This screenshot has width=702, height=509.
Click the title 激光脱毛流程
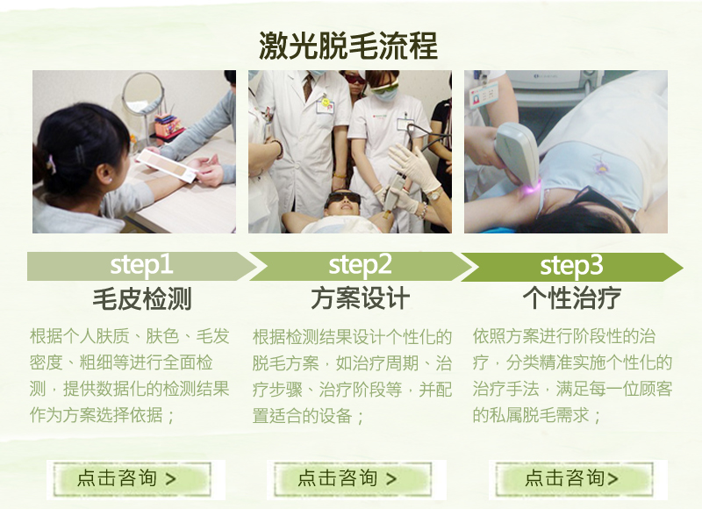347,46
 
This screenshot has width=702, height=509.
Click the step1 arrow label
141,264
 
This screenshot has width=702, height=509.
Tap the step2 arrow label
360,264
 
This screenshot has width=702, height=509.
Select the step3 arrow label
571,265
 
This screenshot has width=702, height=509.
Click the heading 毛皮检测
142,298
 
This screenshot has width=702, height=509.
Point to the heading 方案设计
361,298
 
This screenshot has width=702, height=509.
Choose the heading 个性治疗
572,298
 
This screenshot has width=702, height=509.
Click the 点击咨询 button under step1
133,479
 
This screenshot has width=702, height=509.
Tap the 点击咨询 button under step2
353,479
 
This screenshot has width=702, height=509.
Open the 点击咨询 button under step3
574,479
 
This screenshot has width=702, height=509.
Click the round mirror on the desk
143,93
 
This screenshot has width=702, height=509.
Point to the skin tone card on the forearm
167,165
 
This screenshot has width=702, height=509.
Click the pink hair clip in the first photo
51,163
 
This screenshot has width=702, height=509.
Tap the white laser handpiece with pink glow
518,157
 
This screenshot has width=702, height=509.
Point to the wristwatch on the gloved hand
433,194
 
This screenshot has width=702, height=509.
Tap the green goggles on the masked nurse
383,86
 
